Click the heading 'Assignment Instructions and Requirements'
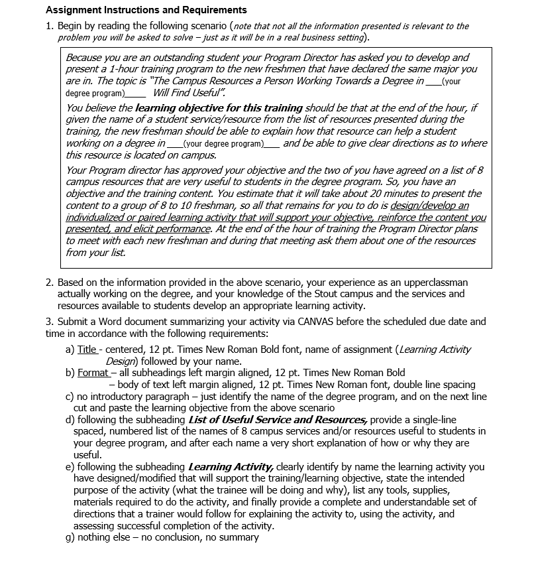point(146,10)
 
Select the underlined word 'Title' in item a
point(87,350)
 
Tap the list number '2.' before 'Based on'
point(50,282)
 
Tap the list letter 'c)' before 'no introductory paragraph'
point(69,397)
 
